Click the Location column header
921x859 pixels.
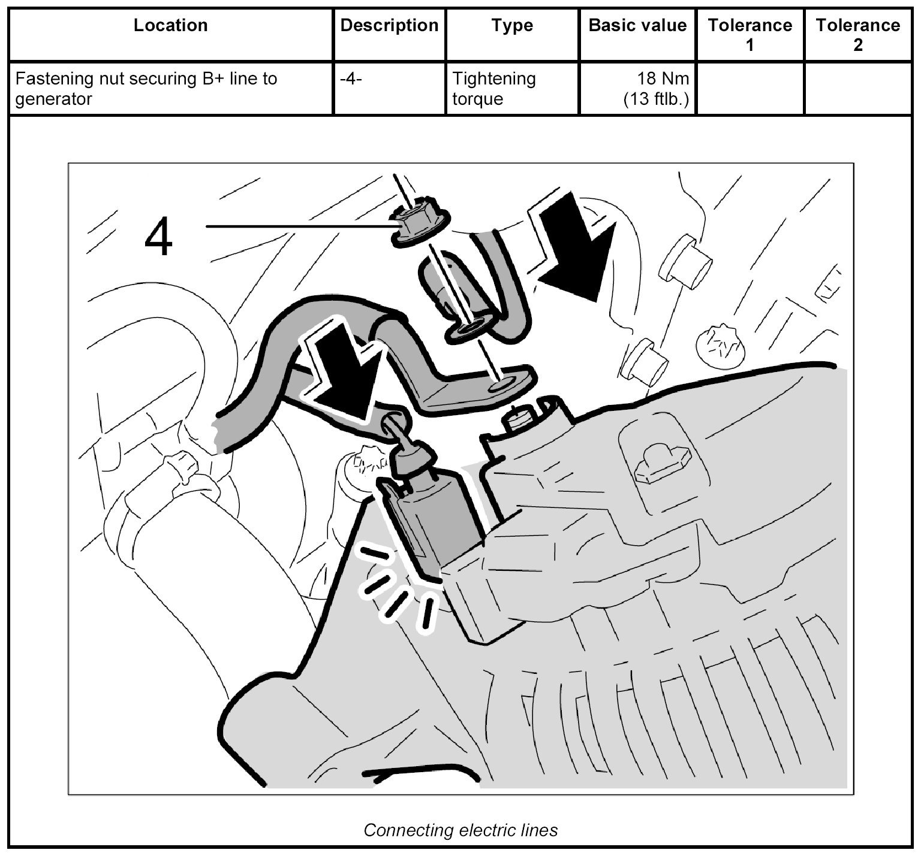coord(170,26)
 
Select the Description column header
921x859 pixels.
coord(389,26)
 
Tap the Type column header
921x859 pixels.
coord(512,26)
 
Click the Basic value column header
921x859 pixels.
coord(637,26)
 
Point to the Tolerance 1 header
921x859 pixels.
coord(750,34)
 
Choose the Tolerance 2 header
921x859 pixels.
coord(857,34)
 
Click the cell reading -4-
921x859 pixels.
coord(351,78)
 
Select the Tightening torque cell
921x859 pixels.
coord(493,88)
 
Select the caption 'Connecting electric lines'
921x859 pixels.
coord(460,830)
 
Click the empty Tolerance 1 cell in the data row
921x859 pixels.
coord(750,88)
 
